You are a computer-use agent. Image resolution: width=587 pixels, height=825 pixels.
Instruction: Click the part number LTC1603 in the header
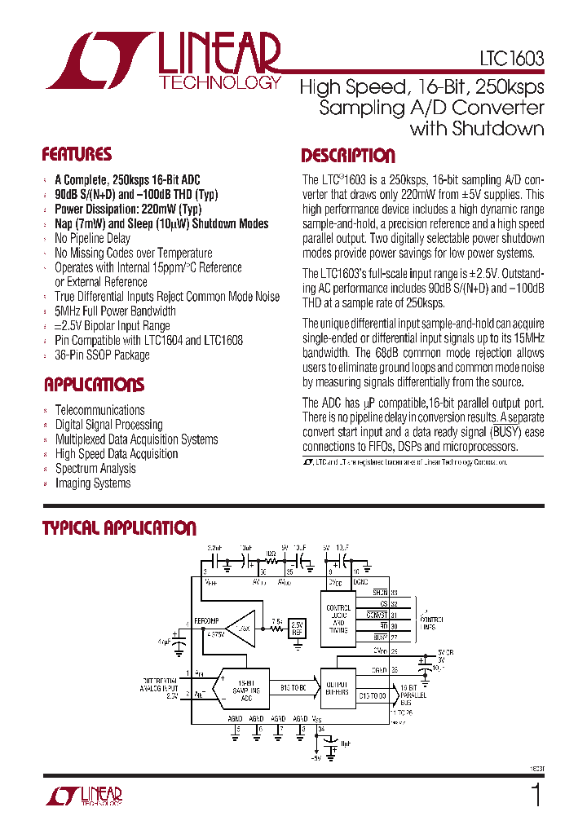[511, 60]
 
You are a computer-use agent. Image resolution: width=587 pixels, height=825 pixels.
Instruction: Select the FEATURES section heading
[77, 154]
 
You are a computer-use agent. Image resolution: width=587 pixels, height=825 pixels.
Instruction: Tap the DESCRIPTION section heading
[348, 156]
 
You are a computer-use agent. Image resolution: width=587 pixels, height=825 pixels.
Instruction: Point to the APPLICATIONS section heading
[94, 384]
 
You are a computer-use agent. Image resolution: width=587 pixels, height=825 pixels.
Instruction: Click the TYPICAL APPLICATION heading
[119, 528]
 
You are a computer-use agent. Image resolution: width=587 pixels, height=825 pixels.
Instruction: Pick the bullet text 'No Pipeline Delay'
[92, 238]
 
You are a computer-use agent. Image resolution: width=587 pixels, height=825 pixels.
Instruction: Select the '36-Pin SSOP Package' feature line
[102, 355]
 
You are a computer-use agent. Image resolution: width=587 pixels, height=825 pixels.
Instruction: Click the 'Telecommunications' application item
[99, 410]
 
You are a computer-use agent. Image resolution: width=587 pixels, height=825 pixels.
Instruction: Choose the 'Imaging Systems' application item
[92, 483]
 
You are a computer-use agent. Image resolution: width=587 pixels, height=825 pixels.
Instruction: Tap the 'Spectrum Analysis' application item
[95, 469]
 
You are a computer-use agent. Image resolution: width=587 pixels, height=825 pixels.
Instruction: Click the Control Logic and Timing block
[339, 617]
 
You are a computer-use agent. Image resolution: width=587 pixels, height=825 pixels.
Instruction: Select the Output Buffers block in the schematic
[336, 689]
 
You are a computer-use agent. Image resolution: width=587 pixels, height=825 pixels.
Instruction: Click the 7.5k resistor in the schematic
[276, 621]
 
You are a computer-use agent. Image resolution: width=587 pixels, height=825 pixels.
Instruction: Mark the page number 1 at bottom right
[536, 795]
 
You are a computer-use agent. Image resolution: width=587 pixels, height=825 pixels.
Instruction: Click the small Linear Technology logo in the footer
[86, 796]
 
